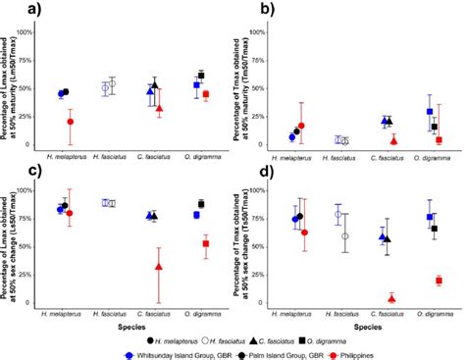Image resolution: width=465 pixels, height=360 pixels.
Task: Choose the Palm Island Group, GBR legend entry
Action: click(280, 350)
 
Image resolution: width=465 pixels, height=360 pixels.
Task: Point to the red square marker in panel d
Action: click(439, 281)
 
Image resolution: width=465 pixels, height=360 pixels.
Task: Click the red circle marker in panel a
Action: click(70, 122)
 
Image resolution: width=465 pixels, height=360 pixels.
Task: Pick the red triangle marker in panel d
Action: click(392, 298)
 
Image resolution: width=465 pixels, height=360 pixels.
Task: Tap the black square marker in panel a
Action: click(201, 76)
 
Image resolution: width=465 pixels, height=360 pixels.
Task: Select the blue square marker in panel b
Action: click(429, 112)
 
